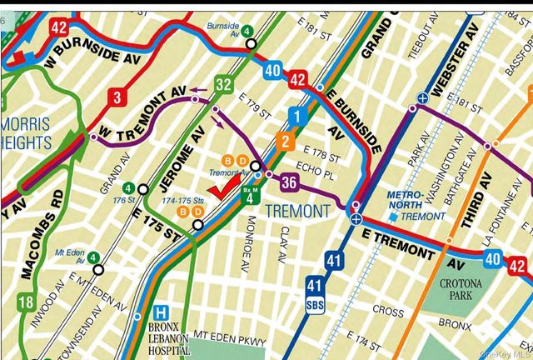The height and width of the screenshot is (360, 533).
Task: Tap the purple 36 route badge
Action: (x=289, y=182)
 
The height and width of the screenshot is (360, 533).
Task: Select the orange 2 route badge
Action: (x=285, y=142)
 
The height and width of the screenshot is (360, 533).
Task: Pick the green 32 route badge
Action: (x=222, y=84)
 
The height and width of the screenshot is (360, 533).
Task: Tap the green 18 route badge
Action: (x=26, y=302)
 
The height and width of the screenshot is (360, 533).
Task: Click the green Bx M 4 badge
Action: (x=249, y=194)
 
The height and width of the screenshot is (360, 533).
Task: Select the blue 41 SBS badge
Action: (x=314, y=292)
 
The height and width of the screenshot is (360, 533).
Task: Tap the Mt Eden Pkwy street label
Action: (x=229, y=340)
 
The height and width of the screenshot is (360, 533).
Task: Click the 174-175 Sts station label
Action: (x=188, y=202)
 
